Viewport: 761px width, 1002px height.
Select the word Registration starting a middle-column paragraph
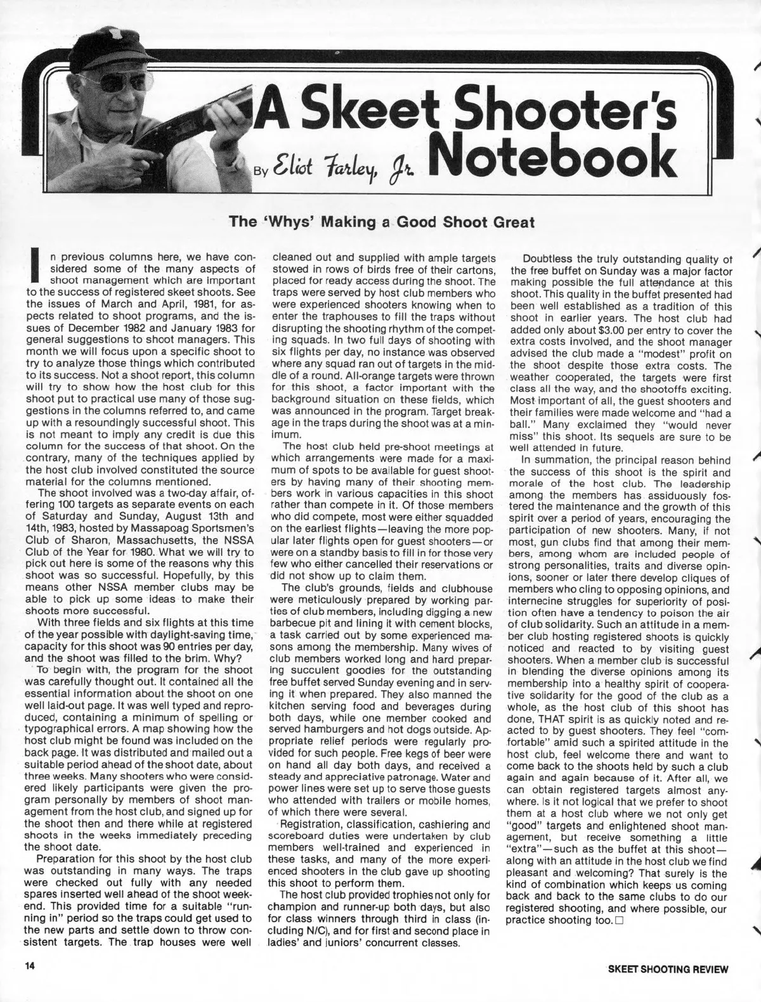click(311, 824)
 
